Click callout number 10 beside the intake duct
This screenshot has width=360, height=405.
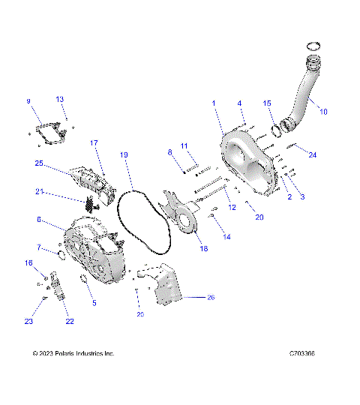point(323,112)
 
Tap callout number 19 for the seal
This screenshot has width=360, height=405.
point(124,154)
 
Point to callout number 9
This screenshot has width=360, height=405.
point(28,101)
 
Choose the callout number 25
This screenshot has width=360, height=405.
point(38,163)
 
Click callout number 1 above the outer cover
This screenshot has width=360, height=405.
point(213,102)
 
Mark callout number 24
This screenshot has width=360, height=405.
point(313,154)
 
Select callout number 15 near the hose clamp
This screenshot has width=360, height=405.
point(268,103)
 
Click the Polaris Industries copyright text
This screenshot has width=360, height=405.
point(73,353)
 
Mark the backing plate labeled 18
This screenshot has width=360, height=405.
point(180,214)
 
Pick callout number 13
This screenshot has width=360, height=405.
point(61,99)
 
